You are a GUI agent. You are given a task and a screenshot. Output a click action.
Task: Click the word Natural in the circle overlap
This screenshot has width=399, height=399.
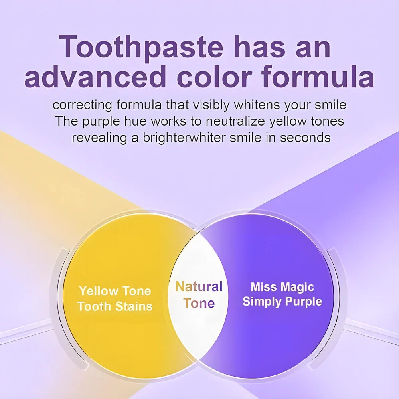[199, 286]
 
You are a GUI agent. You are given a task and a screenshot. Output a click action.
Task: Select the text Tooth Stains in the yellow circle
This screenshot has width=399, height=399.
[115, 306]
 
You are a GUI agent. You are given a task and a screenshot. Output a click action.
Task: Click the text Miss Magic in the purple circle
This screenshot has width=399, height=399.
[282, 287]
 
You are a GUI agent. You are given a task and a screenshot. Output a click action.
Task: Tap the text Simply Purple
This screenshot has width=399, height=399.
[282, 301]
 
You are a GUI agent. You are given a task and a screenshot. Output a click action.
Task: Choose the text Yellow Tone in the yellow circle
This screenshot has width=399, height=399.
[115, 291]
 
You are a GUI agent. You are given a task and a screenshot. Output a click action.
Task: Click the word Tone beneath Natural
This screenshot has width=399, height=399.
[199, 303]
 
